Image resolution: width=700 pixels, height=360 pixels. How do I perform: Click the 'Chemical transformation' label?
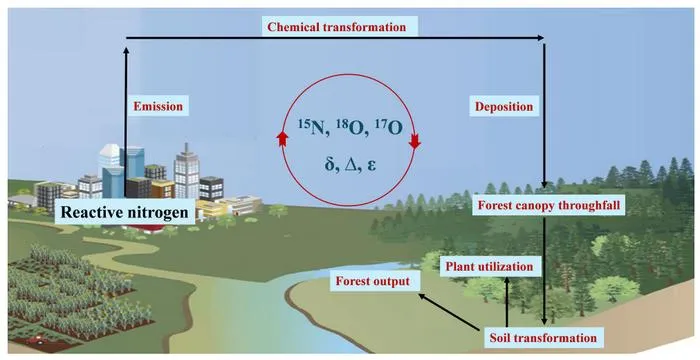point(337,27)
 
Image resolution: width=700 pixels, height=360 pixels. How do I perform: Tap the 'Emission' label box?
point(158,107)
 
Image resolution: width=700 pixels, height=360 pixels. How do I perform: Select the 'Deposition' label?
point(504,107)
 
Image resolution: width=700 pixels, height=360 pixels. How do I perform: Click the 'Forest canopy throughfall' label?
point(549,206)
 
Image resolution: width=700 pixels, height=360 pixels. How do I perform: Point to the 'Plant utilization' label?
point(489,267)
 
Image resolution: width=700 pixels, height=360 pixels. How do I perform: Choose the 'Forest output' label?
point(372,282)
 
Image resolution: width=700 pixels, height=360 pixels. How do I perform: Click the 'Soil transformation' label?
point(543,337)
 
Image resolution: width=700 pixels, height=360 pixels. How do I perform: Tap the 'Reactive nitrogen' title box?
point(125,211)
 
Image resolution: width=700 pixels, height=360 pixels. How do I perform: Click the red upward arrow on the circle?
point(281,138)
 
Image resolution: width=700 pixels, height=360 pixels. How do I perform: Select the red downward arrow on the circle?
point(415,141)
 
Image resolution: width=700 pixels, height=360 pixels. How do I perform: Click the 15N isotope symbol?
point(313,128)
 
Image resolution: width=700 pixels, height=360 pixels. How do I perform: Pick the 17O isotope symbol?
point(388,128)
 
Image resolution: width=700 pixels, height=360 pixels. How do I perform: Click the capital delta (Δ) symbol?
point(351,165)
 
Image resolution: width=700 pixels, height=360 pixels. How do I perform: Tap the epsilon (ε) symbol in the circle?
point(372,166)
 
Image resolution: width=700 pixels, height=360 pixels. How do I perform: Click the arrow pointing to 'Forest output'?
point(451,312)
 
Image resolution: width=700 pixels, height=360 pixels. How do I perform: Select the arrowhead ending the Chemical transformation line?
point(541,38)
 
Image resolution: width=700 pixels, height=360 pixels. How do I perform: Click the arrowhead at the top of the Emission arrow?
point(126,50)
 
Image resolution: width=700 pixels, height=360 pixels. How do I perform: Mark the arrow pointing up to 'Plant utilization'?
point(507,302)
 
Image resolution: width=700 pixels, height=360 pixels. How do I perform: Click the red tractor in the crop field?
point(34,341)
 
